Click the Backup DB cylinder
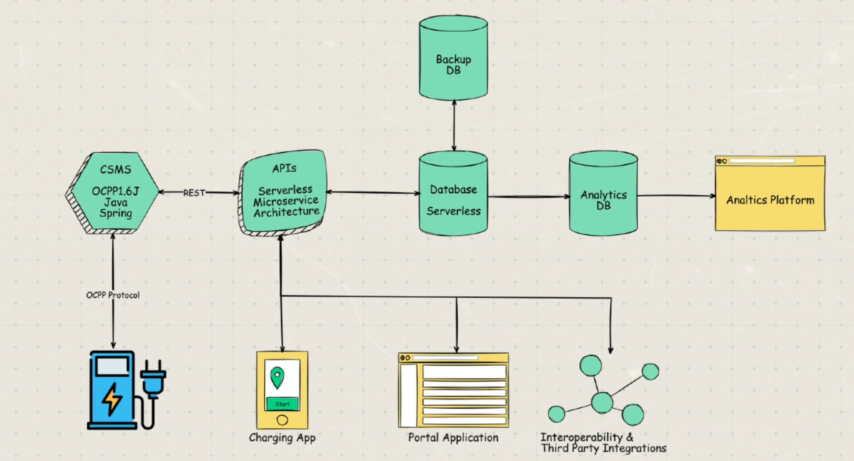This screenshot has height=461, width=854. click(x=453, y=59)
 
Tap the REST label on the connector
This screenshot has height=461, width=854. click(x=194, y=193)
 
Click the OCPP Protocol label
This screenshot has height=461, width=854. click(x=113, y=295)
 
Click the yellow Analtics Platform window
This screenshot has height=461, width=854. click(x=770, y=197)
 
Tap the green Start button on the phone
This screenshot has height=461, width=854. click(x=282, y=404)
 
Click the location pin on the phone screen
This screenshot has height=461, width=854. click(x=277, y=376)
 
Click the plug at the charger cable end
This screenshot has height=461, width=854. click(x=153, y=377)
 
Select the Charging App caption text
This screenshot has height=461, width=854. click(x=282, y=438)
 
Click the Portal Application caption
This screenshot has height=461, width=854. click(x=453, y=438)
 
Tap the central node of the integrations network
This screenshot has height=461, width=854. click(x=602, y=402)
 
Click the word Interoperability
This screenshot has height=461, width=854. click(x=581, y=437)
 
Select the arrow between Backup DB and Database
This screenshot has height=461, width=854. click(x=454, y=126)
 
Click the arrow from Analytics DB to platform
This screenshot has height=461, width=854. click(x=675, y=195)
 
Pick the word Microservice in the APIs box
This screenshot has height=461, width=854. click(x=286, y=202)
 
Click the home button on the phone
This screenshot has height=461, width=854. click(x=282, y=420)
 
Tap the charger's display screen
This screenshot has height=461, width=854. click(x=112, y=366)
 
